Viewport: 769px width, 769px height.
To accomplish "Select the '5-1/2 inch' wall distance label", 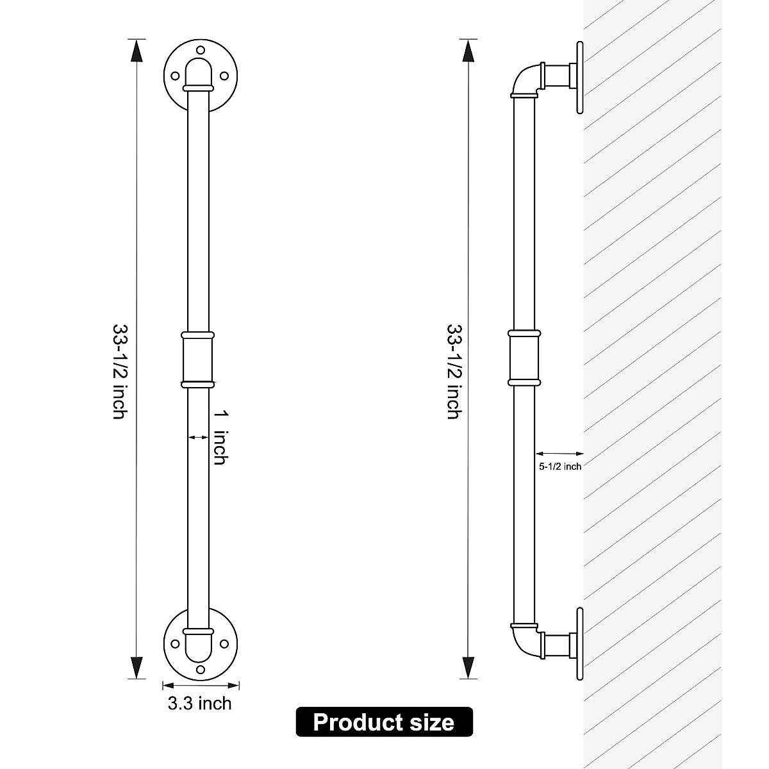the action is click(x=560, y=466).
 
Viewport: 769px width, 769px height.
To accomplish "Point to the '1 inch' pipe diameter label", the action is click(x=220, y=438).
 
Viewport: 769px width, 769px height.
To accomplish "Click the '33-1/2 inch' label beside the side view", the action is click(x=454, y=372).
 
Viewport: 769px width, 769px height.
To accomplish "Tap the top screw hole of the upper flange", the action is click(x=201, y=51).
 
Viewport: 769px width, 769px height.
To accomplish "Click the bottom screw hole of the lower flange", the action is click(x=201, y=670).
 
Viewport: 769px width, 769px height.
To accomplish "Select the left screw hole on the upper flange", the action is click(x=175, y=76).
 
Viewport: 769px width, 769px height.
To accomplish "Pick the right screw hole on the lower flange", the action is click(x=224, y=643).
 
